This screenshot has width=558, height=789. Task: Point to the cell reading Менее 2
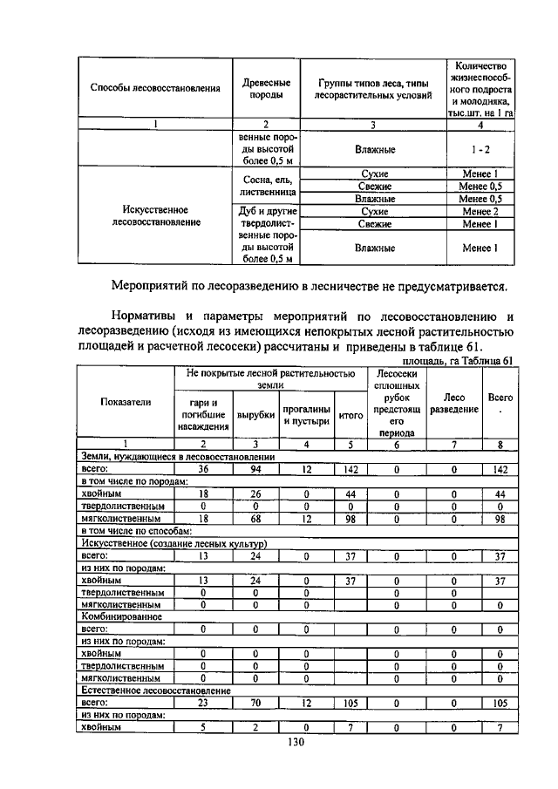point(479,211)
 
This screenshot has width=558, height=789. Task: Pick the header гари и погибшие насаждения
point(203,416)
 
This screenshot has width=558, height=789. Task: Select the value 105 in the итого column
point(350,701)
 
